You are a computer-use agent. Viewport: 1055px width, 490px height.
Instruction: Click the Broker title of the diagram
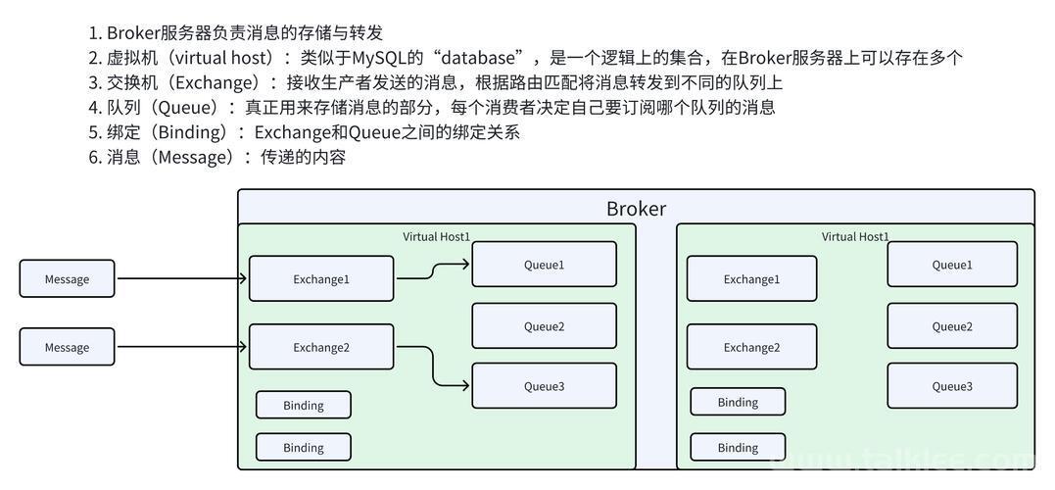coord(636,208)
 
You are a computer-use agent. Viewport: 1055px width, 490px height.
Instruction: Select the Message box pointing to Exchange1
coord(67,278)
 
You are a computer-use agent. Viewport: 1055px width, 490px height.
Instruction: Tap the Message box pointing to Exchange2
coord(67,347)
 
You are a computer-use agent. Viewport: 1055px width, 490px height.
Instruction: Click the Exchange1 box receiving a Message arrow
coord(321,278)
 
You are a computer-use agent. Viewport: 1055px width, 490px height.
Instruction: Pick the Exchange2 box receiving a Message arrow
coord(321,347)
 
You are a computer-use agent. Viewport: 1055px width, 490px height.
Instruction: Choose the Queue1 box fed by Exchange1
coord(544,265)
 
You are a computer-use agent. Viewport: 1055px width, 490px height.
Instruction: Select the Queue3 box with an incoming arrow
coord(544,386)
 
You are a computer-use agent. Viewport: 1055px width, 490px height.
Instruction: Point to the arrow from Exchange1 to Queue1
coord(433,271)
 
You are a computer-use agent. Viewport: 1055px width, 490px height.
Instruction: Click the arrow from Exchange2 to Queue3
coord(433,367)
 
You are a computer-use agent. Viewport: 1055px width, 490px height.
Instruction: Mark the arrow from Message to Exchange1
coord(181,278)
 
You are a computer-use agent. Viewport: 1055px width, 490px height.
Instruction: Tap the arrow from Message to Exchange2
coord(181,347)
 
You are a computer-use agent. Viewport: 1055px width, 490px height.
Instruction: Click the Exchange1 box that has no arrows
coord(751,278)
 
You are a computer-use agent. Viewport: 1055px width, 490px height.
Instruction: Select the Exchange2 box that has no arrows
coord(751,347)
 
